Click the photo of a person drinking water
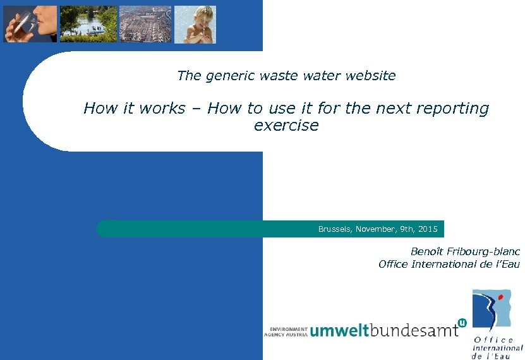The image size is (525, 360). click(x=30, y=24)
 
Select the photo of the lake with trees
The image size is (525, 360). click(x=88, y=24)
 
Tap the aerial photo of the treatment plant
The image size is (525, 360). click(x=145, y=24)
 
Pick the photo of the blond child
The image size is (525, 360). click(x=195, y=24)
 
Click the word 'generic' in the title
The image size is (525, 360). click(x=227, y=76)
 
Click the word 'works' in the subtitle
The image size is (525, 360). click(x=162, y=109)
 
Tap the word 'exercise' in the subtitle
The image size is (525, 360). click(x=286, y=125)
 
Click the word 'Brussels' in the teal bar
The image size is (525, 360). click(x=334, y=229)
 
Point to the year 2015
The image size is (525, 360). click(x=428, y=229)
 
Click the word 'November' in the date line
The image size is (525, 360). click(x=376, y=229)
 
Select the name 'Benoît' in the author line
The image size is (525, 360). click(x=427, y=251)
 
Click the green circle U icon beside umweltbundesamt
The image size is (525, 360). click(x=462, y=323)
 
